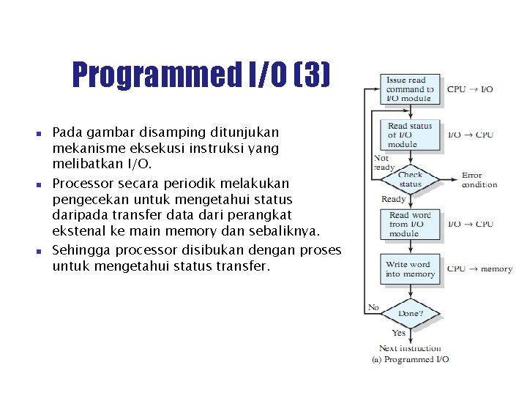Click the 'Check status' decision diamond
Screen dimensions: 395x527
click(410, 179)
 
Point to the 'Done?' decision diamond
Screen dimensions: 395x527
click(410, 313)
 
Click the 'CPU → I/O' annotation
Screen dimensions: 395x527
click(470, 89)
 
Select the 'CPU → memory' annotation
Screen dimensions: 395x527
click(479, 269)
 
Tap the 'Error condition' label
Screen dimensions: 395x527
click(479, 180)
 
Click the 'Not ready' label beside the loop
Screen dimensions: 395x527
click(384, 162)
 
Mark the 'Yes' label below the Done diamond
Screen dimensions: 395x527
click(399, 333)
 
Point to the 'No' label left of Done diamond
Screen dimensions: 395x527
click(373, 307)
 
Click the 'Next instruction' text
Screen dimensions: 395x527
click(410, 348)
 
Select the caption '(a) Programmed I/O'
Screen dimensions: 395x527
click(411, 359)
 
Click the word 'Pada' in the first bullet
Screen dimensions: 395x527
click(67, 133)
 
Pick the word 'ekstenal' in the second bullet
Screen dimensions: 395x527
click(75, 232)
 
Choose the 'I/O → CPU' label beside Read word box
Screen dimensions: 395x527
click(470, 224)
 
